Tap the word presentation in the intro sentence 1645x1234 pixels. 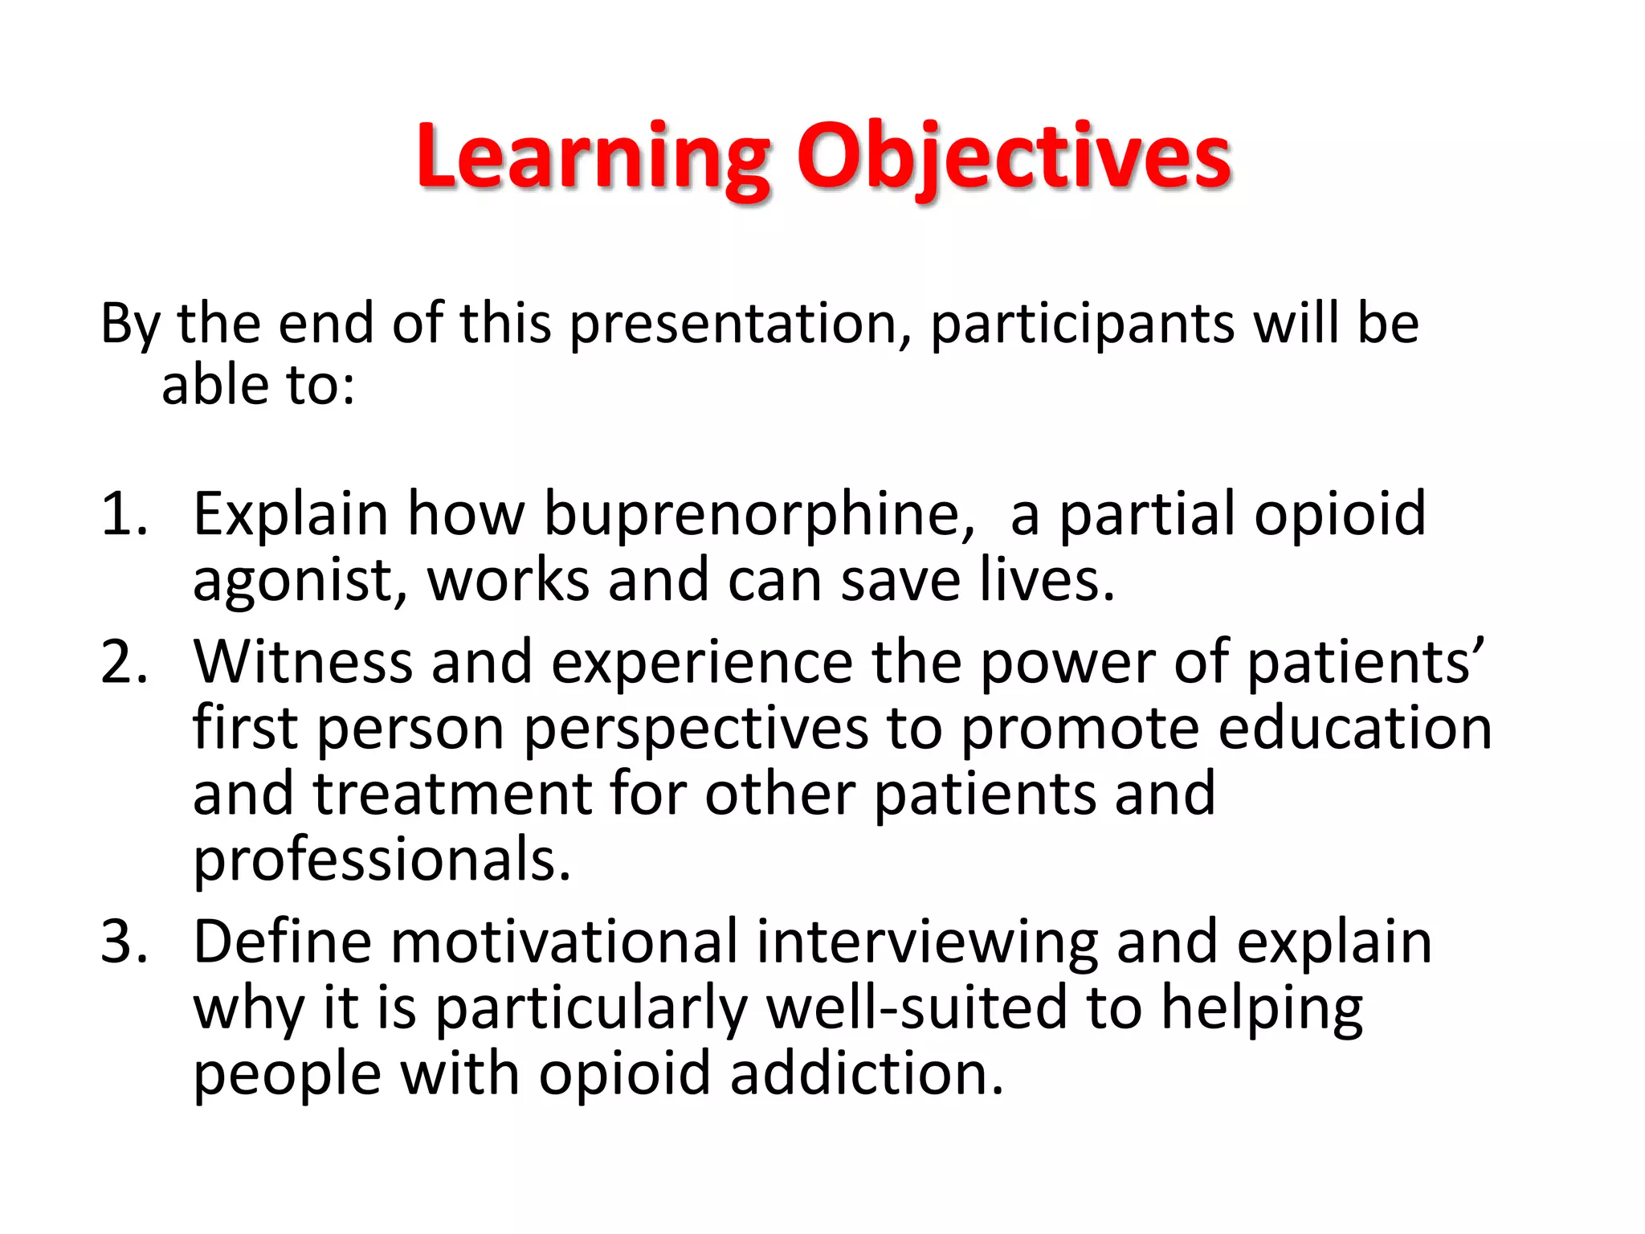coord(734,324)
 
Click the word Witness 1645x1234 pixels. coord(302,662)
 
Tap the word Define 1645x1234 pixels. coord(282,942)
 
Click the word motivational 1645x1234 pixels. coord(564,942)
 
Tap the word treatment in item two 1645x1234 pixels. coord(452,795)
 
